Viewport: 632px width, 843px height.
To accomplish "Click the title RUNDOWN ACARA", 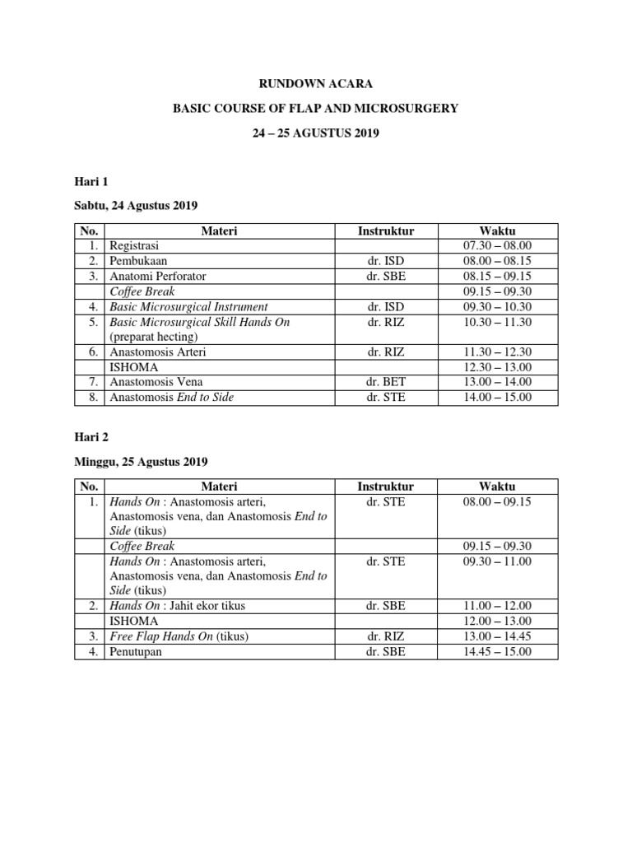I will pyautogui.click(x=316, y=84).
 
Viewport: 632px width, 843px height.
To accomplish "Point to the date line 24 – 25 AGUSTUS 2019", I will pyautogui.click(x=316, y=132).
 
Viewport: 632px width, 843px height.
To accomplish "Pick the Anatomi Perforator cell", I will pyautogui.click(x=157, y=277).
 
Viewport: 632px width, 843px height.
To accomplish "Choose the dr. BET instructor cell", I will pyautogui.click(x=386, y=382).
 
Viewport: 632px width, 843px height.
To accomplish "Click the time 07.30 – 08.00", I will pyautogui.click(x=497, y=246).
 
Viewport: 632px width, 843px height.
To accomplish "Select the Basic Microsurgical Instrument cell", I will pyautogui.click(x=188, y=307).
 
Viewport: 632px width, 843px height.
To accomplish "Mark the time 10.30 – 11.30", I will pyautogui.click(x=497, y=322).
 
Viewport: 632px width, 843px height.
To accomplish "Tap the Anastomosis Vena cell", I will pyautogui.click(x=156, y=382).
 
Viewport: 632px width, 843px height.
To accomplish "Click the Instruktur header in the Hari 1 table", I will pyautogui.click(x=386, y=231).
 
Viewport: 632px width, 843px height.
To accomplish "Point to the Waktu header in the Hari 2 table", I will pyautogui.click(x=497, y=487).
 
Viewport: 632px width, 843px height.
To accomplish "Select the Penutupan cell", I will pyautogui.click(x=137, y=652).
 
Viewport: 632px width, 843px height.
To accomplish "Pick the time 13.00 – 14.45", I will pyautogui.click(x=497, y=636).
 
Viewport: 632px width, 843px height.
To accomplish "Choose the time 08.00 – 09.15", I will pyautogui.click(x=497, y=501).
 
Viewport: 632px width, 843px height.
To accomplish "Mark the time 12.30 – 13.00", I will pyautogui.click(x=497, y=367).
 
